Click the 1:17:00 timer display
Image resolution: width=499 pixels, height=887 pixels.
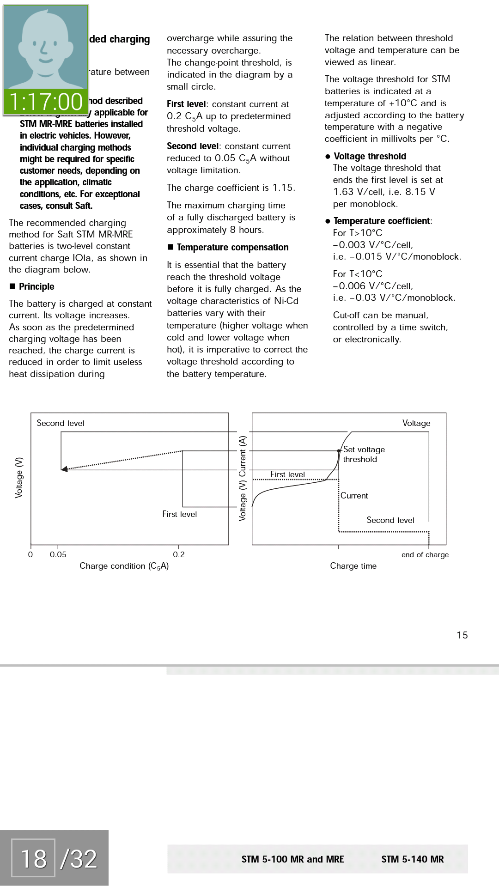pos(45,102)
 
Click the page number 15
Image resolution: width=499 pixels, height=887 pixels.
pos(462,635)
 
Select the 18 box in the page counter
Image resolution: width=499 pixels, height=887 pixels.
pos(33,858)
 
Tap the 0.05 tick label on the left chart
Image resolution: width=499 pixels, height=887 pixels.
pos(58,554)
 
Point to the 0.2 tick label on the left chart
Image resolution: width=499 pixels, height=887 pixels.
pos(179,554)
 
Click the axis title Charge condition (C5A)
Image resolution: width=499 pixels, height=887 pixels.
pos(124,566)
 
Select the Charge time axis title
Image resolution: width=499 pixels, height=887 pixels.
pos(353,566)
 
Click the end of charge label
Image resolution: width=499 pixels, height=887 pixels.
pos(425,554)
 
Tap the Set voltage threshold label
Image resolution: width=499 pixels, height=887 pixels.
pos(364,454)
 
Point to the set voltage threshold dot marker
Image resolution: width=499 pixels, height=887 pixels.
pos(339,451)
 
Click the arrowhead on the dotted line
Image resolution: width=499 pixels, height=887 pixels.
pos(65,469)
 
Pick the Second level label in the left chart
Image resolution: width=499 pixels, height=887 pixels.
pos(61,423)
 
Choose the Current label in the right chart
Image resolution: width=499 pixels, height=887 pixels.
pos(354,496)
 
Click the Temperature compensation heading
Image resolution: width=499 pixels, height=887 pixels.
pos(232,247)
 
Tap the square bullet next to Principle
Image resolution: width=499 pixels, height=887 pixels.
pos(12,286)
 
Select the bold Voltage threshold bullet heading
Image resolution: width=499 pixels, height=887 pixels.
pos(370,156)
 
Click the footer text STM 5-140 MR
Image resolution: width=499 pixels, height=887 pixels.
pos(412,859)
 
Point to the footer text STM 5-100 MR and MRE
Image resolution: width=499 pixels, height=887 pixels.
pos(292,859)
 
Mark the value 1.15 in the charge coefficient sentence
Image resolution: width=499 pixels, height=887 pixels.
pos(283,188)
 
